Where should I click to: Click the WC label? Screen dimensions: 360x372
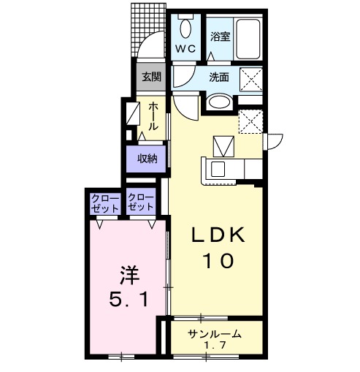pos(185,49)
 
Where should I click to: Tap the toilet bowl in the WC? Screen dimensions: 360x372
pos(185,28)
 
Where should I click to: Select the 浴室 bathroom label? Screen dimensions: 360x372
pos(221,37)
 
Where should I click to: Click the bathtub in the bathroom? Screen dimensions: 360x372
pos(248,39)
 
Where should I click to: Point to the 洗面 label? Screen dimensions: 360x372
pos(219,77)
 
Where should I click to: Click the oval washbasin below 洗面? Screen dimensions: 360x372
pos(220,102)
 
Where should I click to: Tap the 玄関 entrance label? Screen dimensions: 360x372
pos(152,77)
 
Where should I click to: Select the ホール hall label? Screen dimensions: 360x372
pos(153,116)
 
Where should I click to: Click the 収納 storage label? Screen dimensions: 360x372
pos(148,159)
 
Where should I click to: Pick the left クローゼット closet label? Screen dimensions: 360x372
pos(105,202)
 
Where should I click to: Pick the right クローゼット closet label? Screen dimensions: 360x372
pos(141,202)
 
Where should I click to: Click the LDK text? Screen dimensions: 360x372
pos(218,235)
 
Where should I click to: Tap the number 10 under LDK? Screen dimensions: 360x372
pos(218,261)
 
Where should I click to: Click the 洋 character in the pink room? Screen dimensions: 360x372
pos(129,275)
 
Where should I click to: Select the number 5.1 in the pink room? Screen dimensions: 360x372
pos(129,300)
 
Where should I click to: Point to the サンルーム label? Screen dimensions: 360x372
pos(215,334)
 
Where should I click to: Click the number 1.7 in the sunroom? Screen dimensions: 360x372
pos(215,345)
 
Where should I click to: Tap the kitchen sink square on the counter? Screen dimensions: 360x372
pos(218,169)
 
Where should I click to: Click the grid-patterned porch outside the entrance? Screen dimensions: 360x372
pos(148,30)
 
